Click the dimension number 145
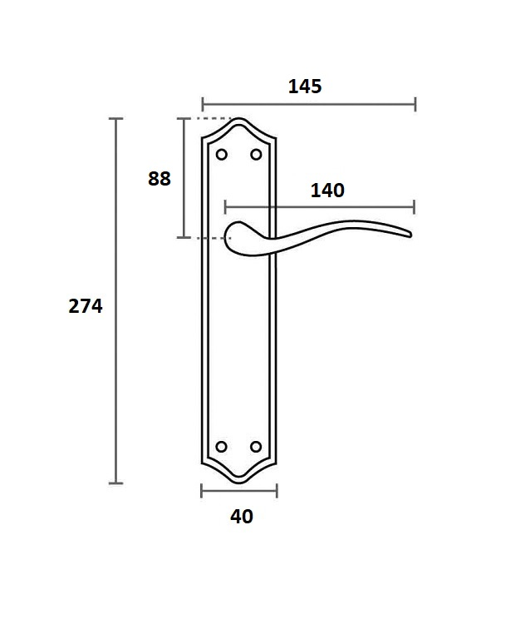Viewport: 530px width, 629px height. click(305, 87)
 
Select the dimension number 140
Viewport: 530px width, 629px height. click(327, 191)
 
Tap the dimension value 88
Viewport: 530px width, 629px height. click(159, 179)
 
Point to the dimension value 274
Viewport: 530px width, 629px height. click(86, 305)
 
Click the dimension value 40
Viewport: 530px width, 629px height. click(242, 517)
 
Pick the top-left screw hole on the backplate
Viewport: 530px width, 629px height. click(222, 155)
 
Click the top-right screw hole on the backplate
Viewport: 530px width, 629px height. click(256, 155)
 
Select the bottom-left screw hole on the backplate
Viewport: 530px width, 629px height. click(222, 447)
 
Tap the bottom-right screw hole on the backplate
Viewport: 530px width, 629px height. click(256, 447)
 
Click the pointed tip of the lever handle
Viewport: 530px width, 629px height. click(410, 235)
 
